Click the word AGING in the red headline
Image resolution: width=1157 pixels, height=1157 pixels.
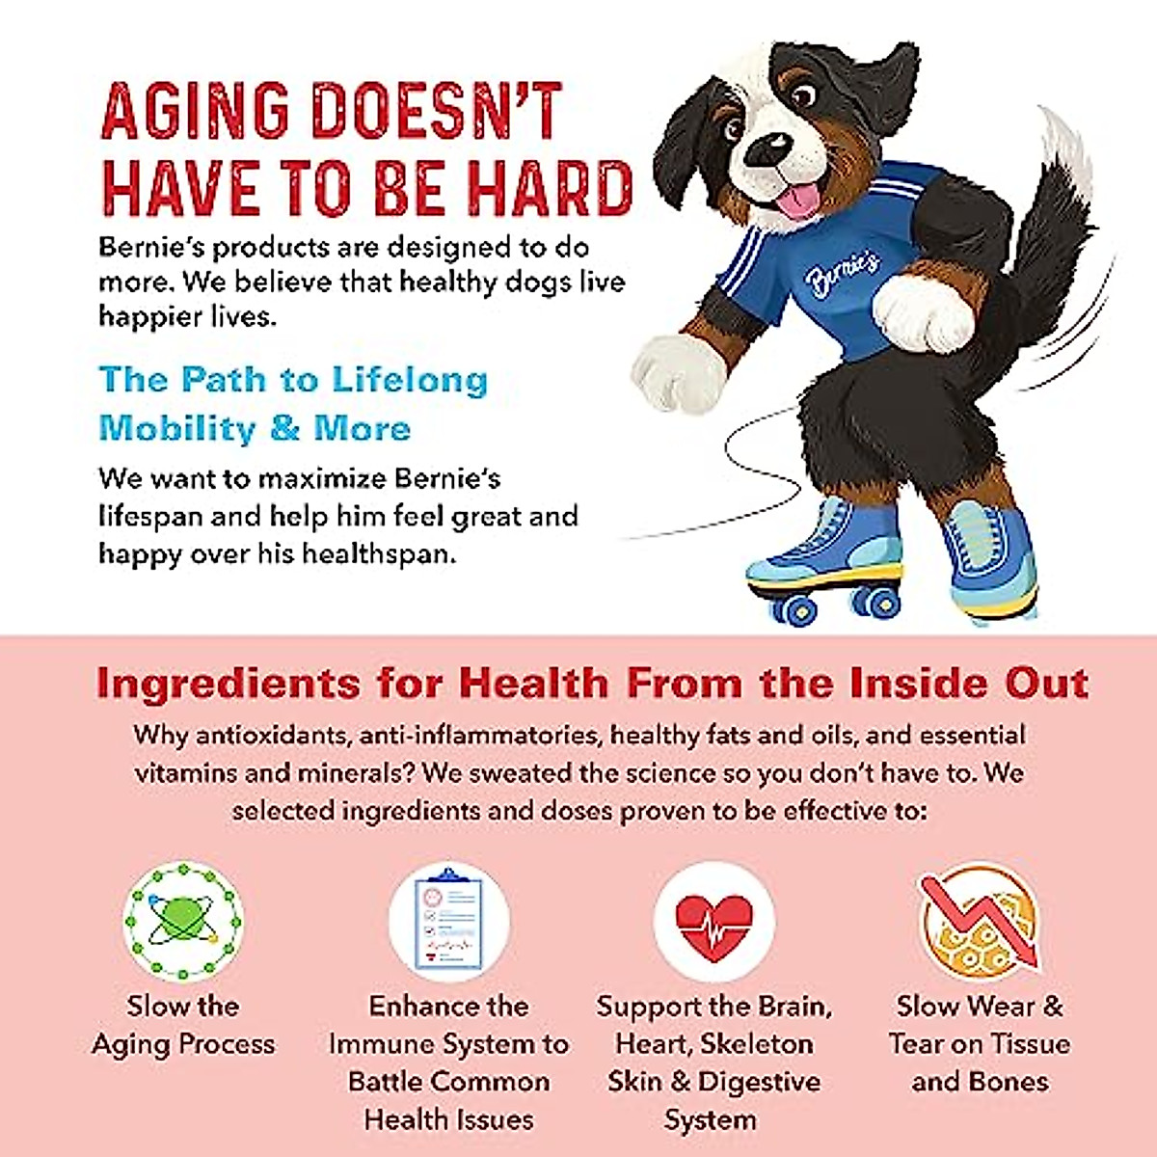pyautogui.click(x=195, y=111)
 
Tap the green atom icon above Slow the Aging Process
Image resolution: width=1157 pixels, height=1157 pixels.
pyautogui.click(x=183, y=921)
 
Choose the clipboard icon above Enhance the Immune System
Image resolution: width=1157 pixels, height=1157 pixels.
pyautogui.click(x=449, y=921)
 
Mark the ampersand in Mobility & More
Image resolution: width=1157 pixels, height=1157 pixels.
pyautogui.click(x=284, y=428)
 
